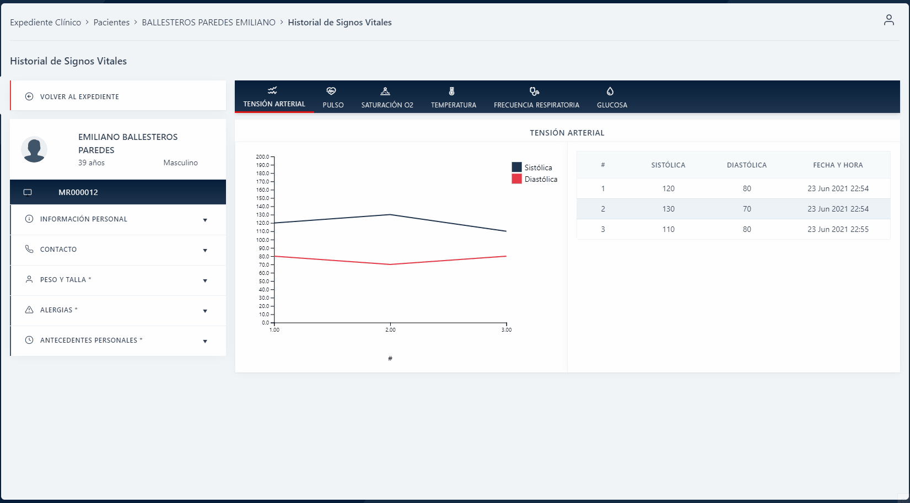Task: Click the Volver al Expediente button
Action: pyautogui.click(x=79, y=96)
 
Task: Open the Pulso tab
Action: pyautogui.click(x=333, y=98)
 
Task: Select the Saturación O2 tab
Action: pyautogui.click(x=387, y=98)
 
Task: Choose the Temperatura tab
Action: pyautogui.click(x=453, y=98)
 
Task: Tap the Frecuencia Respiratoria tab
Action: pyautogui.click(x=536, y=98)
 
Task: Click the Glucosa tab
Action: pyautogui.click(x=612, y=98)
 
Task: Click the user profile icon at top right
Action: pyautogui.click(x=889, y=20)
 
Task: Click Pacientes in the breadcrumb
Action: pyautogui.click(x=111, y=23)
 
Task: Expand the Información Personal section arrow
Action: pyautogui.click(x=205, y=220)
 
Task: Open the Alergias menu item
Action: pyautogui.click(x=58, y=310)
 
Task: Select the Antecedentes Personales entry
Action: pyautogui.click(x=91, y=340)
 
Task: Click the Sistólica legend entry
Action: pyautogui.click(x=538, y=167)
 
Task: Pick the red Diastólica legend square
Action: pyautogui.click(x=516, y=179)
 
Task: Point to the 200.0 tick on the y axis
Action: pyautogui.click(x=263, y=157)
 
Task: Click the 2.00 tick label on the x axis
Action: pyautogui.click(x=390, y=330)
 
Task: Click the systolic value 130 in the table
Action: pyautogui.click(x=668, y=209)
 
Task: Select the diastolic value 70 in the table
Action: pyautogui.click(x=746, y=209)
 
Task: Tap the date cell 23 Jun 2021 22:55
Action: pyautogui.click(x=838, y=229)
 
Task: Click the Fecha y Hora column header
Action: pyautogui.click(x=838, y=165)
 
